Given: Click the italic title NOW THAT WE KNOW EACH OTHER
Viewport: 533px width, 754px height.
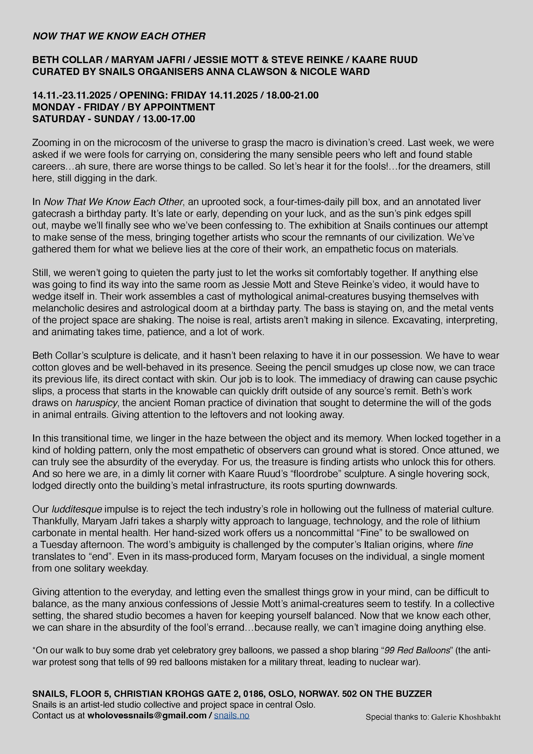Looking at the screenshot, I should click(x=119, y=36).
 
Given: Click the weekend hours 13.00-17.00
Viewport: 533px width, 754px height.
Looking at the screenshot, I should click(x=169, y=119).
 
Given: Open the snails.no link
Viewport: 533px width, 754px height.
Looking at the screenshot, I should click(x=232, y=715).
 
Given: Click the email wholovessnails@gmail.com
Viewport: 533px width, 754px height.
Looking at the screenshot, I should click(x=147, y=715).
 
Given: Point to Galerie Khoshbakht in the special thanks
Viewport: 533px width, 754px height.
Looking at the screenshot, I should click(x=466, y=717).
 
